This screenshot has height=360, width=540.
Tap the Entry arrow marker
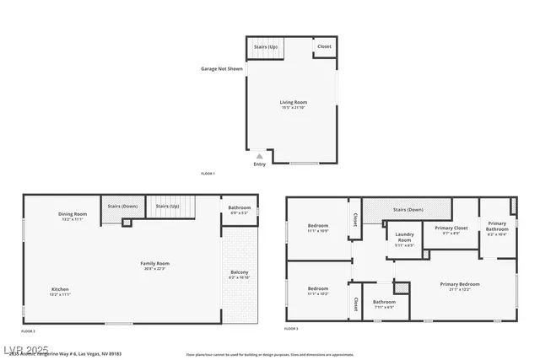click(259, 156)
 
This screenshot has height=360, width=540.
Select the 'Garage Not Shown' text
click(222, 68)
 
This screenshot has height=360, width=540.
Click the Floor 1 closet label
click(324, 46)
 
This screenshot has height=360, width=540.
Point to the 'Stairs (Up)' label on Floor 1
click(266, 46)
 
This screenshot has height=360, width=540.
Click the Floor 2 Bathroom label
click(240, 209)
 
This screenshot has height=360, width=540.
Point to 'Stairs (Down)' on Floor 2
click(123, 206)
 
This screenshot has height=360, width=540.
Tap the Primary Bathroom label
click(497, 228)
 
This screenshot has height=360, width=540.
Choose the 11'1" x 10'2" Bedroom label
click(318, 291)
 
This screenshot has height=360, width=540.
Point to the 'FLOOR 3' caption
click(291, 328)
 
